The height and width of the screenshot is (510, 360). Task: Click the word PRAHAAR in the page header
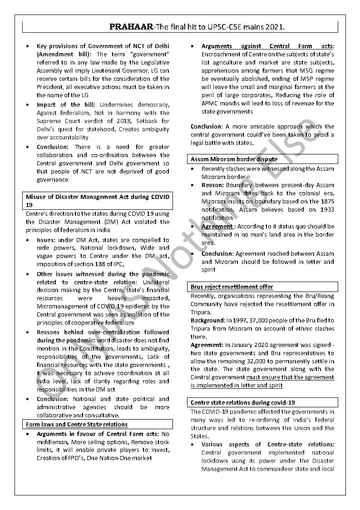131,27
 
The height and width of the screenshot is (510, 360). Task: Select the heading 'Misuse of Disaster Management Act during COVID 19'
97,200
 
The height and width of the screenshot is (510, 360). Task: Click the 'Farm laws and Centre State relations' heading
77,424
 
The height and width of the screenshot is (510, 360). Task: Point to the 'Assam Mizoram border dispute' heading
234,159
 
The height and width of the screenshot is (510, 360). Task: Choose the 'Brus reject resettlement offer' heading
232,287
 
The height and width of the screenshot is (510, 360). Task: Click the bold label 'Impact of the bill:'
66,104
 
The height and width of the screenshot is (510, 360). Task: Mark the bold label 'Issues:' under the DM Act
46,240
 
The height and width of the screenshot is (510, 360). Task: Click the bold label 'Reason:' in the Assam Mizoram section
212,185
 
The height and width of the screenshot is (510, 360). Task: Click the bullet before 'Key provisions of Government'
29,46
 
